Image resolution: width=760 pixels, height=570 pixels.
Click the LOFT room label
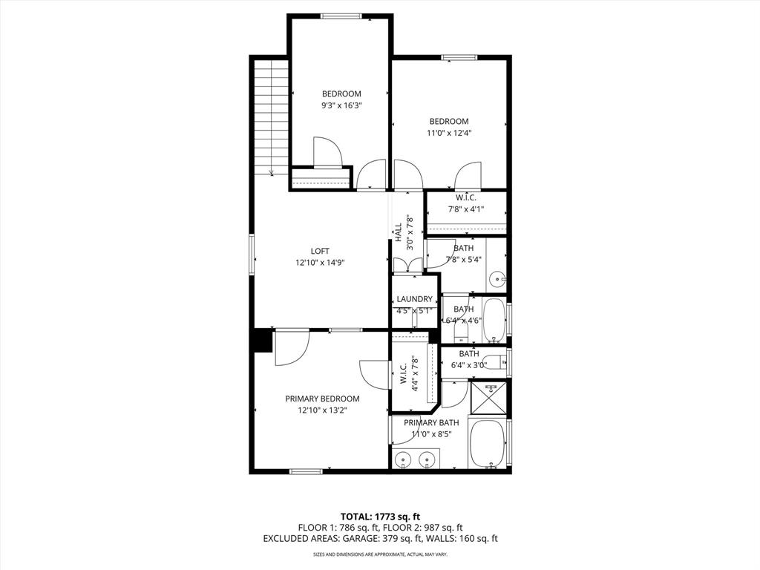(320, 251)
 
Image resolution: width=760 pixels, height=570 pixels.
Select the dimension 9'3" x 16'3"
(341, 105)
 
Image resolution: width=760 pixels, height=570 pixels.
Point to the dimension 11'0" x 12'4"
(449, 133)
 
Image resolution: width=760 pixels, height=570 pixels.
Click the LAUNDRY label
(414, 299)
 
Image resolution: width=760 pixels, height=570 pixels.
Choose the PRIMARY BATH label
(431, 422)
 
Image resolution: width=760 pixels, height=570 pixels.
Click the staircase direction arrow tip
(272, 174)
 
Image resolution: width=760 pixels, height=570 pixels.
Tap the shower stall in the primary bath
(490, 399)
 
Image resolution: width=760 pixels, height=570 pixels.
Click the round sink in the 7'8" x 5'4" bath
(497, 281)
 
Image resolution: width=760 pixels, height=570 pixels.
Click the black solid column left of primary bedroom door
(261, 341)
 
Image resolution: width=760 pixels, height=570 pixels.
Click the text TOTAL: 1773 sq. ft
(380, 517)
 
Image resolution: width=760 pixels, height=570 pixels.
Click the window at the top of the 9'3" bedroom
(341, 16)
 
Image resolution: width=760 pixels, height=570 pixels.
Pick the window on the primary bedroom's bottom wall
(306, 471)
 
